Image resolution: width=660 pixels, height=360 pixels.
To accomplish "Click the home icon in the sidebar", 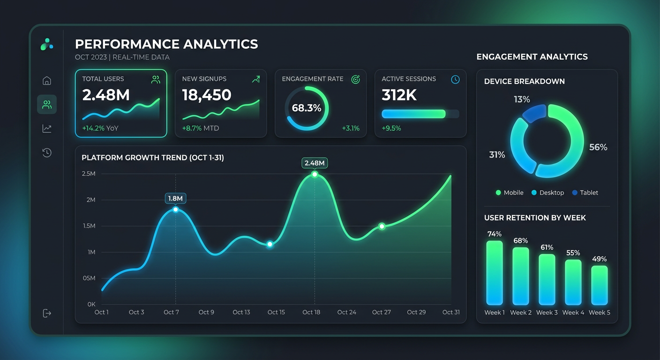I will [x=47, y=81].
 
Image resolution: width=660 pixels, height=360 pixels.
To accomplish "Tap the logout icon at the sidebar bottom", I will [x=47, y=313].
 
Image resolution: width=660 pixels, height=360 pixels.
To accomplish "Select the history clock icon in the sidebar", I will [x=47, y=152].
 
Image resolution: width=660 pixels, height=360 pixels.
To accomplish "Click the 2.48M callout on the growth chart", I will [x=315, y=163].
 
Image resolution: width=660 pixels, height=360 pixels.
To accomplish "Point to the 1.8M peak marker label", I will [x=176, y=198].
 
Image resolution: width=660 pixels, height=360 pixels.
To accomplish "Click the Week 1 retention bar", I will [x=495, y=273].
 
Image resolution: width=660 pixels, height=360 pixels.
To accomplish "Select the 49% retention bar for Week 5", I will [x=599, y=285].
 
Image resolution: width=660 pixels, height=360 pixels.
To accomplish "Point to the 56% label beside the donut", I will [x=598, y=147].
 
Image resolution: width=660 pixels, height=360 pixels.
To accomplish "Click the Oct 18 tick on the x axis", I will [x=311, y=312].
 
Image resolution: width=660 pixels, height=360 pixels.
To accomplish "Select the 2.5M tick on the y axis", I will [x=88, y=174].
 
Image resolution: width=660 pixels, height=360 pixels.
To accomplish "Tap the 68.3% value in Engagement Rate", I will [x=307, y=108].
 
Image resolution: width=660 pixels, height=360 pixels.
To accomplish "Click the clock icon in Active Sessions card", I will [x=455, y=80].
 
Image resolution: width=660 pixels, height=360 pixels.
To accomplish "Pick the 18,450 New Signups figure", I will [x=207, y=95].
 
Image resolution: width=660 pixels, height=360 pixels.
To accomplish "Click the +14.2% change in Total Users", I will [x=93, y=128].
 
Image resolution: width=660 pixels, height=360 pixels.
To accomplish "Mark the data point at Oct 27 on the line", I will [x=382, y=226].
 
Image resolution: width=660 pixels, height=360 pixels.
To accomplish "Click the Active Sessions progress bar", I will [x=420, y=114].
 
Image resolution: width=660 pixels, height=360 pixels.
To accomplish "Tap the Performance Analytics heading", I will [x=166, y=45].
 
